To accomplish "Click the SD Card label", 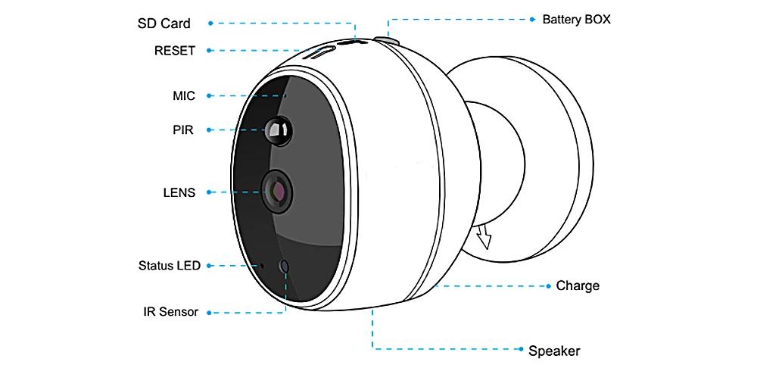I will [x=164, y=23].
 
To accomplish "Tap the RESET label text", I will [x=174, y=51].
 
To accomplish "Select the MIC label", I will [x=184, y=95].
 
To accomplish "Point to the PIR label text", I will [x=182, y=129].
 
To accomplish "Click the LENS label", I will [x=179, y=192].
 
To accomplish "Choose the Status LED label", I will [x=170, y=265].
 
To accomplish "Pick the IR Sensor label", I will [x=170, y=311].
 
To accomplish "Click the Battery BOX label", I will [x=576, y=19].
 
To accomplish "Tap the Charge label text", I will [x=578, y=285].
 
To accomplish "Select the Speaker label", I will [x=554, y=351].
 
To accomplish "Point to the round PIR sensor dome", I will [x=278, y=131].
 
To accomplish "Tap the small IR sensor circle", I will [x=285, y=267].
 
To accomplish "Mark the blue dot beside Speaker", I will [x=520, y=349].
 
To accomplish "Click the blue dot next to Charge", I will [x=548, y=286].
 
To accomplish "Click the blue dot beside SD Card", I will [x=210, y=23].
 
